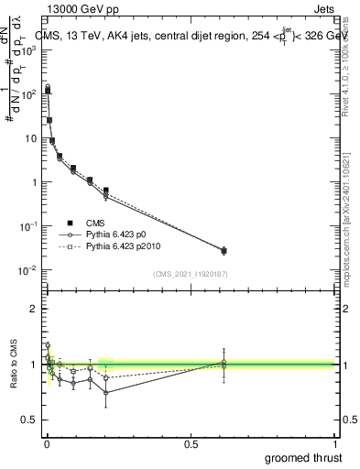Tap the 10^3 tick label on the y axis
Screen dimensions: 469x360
tap(29, 50)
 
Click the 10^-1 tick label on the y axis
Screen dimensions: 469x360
tap(28, 226)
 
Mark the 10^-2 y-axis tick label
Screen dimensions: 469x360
tap(28, 270)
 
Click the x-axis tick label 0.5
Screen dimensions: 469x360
tap(191, 443)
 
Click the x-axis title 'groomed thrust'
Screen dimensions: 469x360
tap(304, 457)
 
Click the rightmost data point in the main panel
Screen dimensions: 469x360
tap(224, 250)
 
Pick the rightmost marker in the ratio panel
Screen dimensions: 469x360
tap(224, 364)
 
